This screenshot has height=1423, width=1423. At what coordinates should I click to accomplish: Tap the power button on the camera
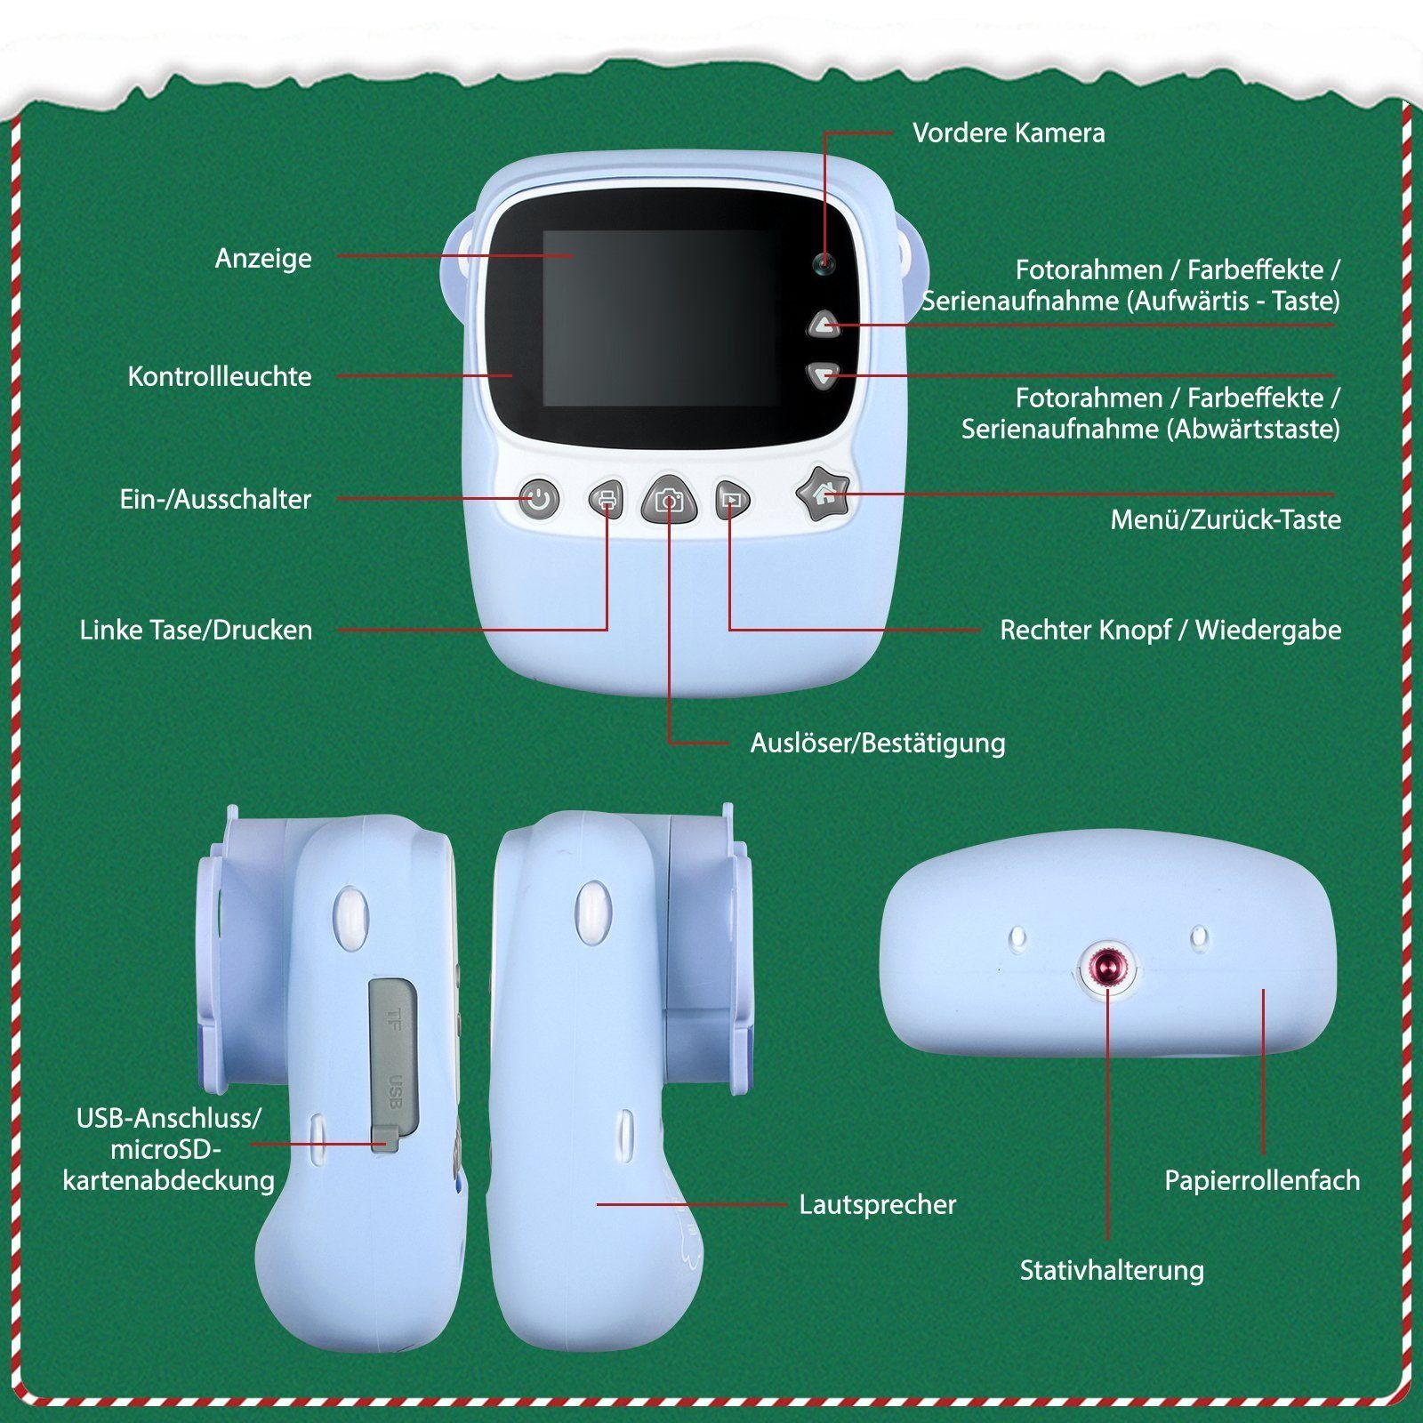pos(539,499)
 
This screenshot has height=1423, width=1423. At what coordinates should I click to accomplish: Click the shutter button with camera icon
pos(669,499)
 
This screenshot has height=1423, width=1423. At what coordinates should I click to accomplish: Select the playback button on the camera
pos(732,500)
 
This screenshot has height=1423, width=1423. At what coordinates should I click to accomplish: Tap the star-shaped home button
pos(823,494)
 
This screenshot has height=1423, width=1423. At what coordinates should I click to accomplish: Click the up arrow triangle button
pos(824,325)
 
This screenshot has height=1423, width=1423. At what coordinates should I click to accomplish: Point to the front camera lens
pos(824,263)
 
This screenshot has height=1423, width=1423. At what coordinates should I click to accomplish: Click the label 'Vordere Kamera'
pos(1009,133)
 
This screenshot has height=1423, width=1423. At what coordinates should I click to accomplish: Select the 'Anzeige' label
pos(263,259)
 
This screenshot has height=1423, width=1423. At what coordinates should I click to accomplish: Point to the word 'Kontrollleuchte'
pos(220,376)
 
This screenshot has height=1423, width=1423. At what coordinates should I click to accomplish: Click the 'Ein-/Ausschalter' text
pos(215,499)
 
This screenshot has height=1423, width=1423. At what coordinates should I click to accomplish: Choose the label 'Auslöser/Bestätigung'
pos(878,744)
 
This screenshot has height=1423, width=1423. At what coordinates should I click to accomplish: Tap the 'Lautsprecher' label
pos(878,1204)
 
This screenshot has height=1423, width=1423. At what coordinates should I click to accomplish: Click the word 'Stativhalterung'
pos(1112,1270)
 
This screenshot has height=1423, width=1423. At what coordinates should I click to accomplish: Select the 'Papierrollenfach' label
pos(1262,1181)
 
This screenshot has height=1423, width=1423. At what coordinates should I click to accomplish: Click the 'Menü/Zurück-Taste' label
pos(1226,519)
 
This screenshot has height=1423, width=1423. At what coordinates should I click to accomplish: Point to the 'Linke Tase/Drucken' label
pos(196,631)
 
